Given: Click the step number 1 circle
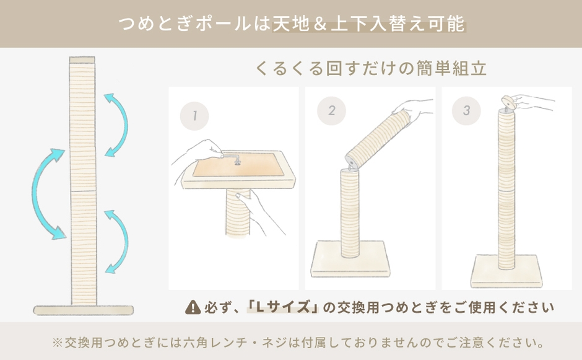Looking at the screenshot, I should tap(194, 116).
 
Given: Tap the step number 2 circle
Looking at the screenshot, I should tap(331, 111).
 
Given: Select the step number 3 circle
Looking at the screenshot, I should tap(467, 111).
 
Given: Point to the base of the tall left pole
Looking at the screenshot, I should tap(82, 310).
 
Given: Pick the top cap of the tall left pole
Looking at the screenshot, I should tap(82, 59).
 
